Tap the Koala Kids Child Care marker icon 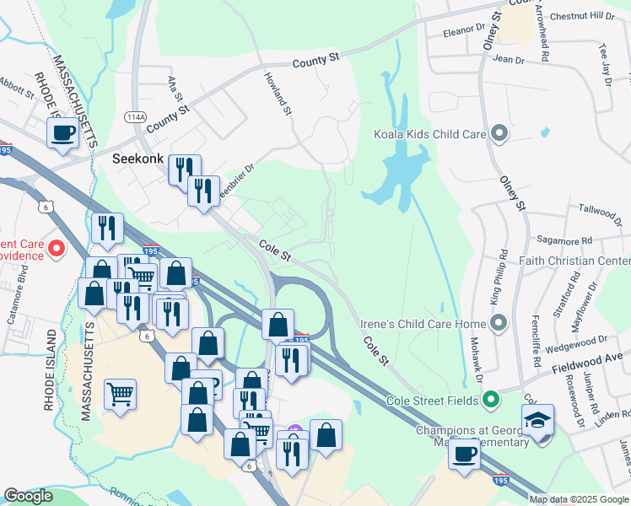tap(499, 133)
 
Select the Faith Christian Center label tap(575, 261)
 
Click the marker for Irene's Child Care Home tap(499, 324)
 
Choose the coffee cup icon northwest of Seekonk tap(63, 133)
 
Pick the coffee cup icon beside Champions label tap(464, 454)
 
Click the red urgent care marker tap(57, 248)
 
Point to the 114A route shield tap(135, 116)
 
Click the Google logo tap(28, 496)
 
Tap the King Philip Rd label tap(499, 277)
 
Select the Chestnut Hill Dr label tap(583, 16)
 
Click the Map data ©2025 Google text tap(580, 499)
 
